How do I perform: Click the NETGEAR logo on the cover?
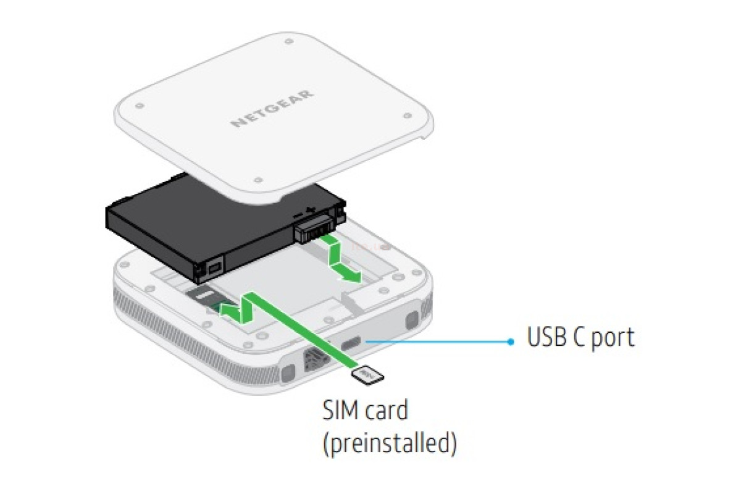(272, 109)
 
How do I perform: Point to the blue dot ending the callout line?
(511, 342)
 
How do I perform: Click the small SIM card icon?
(367, 375)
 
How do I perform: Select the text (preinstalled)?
(390, 443)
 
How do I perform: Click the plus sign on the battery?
(309, 209)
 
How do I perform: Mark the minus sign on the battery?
(298, 216)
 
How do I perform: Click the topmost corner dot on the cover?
(289, 41)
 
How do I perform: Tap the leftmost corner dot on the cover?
(140, 106)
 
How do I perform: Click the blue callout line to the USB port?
(438, 341)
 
